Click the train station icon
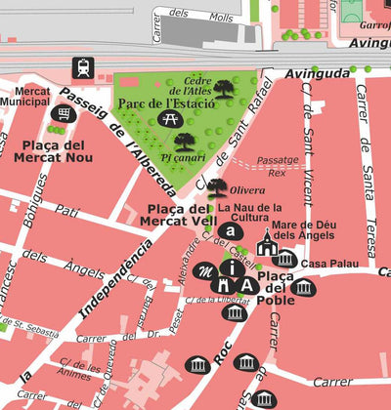[82, 69]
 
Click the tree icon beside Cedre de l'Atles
[225, 90]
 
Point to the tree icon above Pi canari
[185, 142]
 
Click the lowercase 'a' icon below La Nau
[229, 231]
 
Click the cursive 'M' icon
[206, 270]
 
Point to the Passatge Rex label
[277, 167]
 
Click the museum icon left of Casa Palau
[284, 259]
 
